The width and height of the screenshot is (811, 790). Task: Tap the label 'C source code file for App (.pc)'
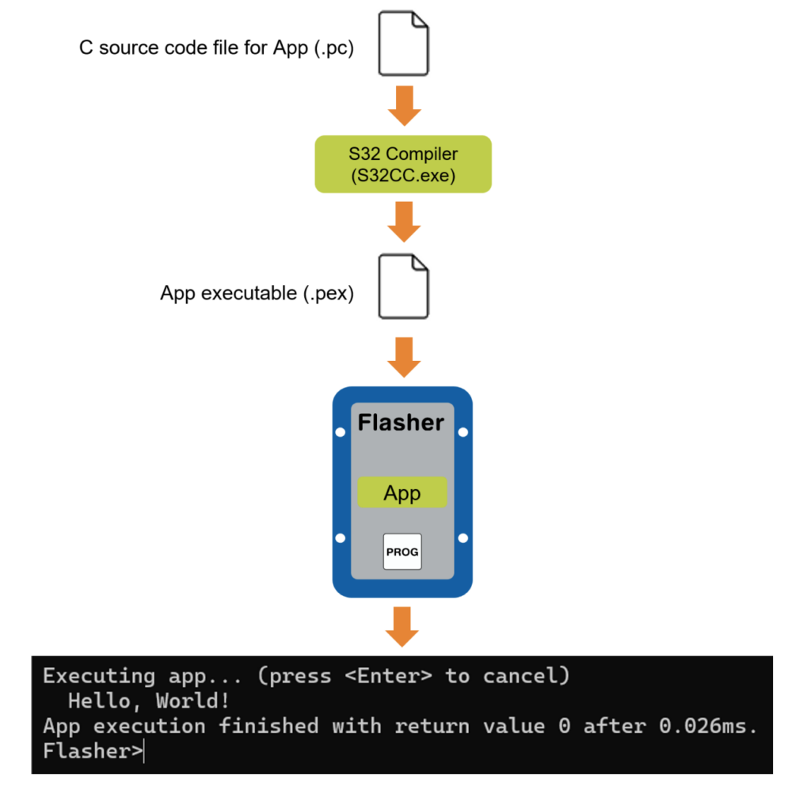[216, 47]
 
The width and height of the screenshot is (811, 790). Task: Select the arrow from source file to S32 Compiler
[404, 105]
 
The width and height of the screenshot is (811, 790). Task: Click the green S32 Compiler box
[403, 164]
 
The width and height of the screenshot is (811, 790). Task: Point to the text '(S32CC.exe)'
[403, 176]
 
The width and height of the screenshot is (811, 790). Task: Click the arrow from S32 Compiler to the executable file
[404, 222]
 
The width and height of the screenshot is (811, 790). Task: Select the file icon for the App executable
[403, 286]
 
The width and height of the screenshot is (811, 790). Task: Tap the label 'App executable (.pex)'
[257, 294]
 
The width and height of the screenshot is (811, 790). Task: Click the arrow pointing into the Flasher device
[404, 357]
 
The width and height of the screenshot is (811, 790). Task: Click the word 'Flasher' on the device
[401, 423]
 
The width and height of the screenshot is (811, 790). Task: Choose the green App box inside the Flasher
[402, 493]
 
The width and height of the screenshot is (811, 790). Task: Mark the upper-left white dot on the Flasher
[341, 432]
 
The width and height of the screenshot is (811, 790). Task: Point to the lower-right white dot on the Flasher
[463, 538]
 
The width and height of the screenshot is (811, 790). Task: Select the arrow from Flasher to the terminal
[403, 626]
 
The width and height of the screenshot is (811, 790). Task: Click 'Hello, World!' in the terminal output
[145, 701]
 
